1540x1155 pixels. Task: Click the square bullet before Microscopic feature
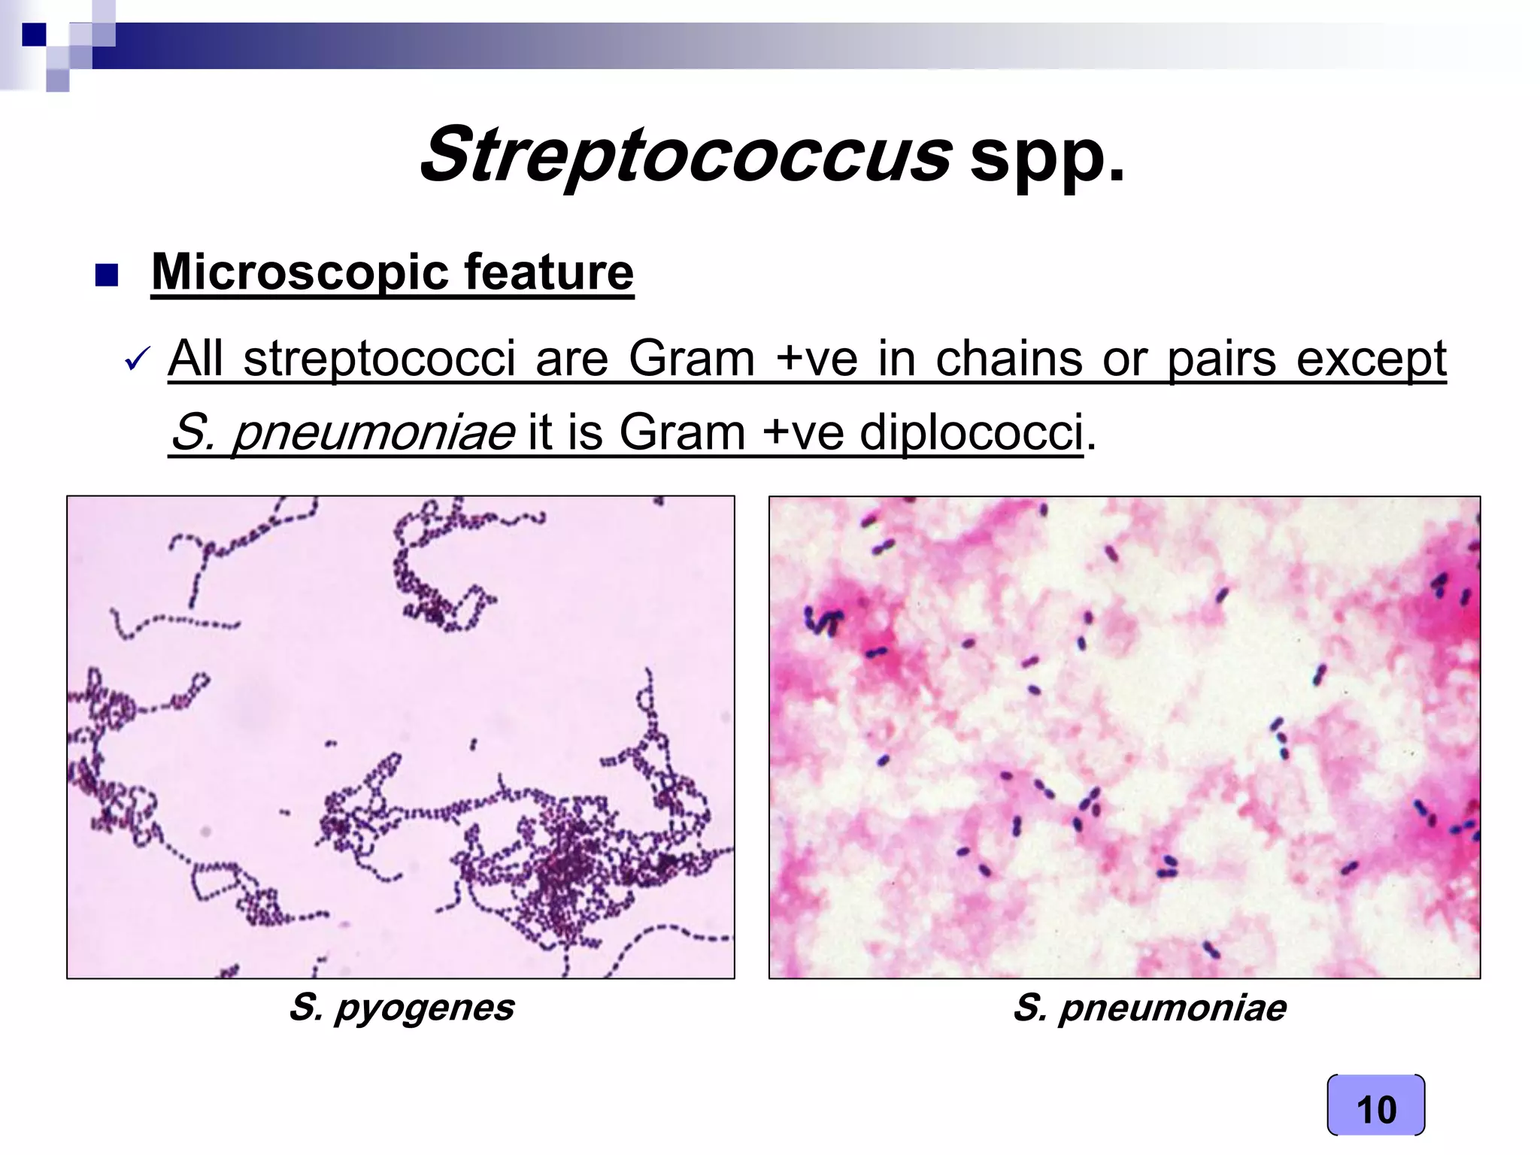click(x=108, y=277)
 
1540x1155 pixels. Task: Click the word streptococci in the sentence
click(x=379, y=359)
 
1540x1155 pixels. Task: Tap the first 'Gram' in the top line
click(x=691, y=359)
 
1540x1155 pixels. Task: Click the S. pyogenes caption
click(x=402, y=1007)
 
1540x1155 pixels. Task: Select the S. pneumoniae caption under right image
click(x=1149, y=1008)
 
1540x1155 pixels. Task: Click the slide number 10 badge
click(x=1375, y=1109)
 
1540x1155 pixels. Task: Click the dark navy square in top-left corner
click(x=33, y=35)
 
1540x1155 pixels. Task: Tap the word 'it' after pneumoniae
click(x=541, y=434)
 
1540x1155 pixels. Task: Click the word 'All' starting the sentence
click(x=196, y=359)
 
